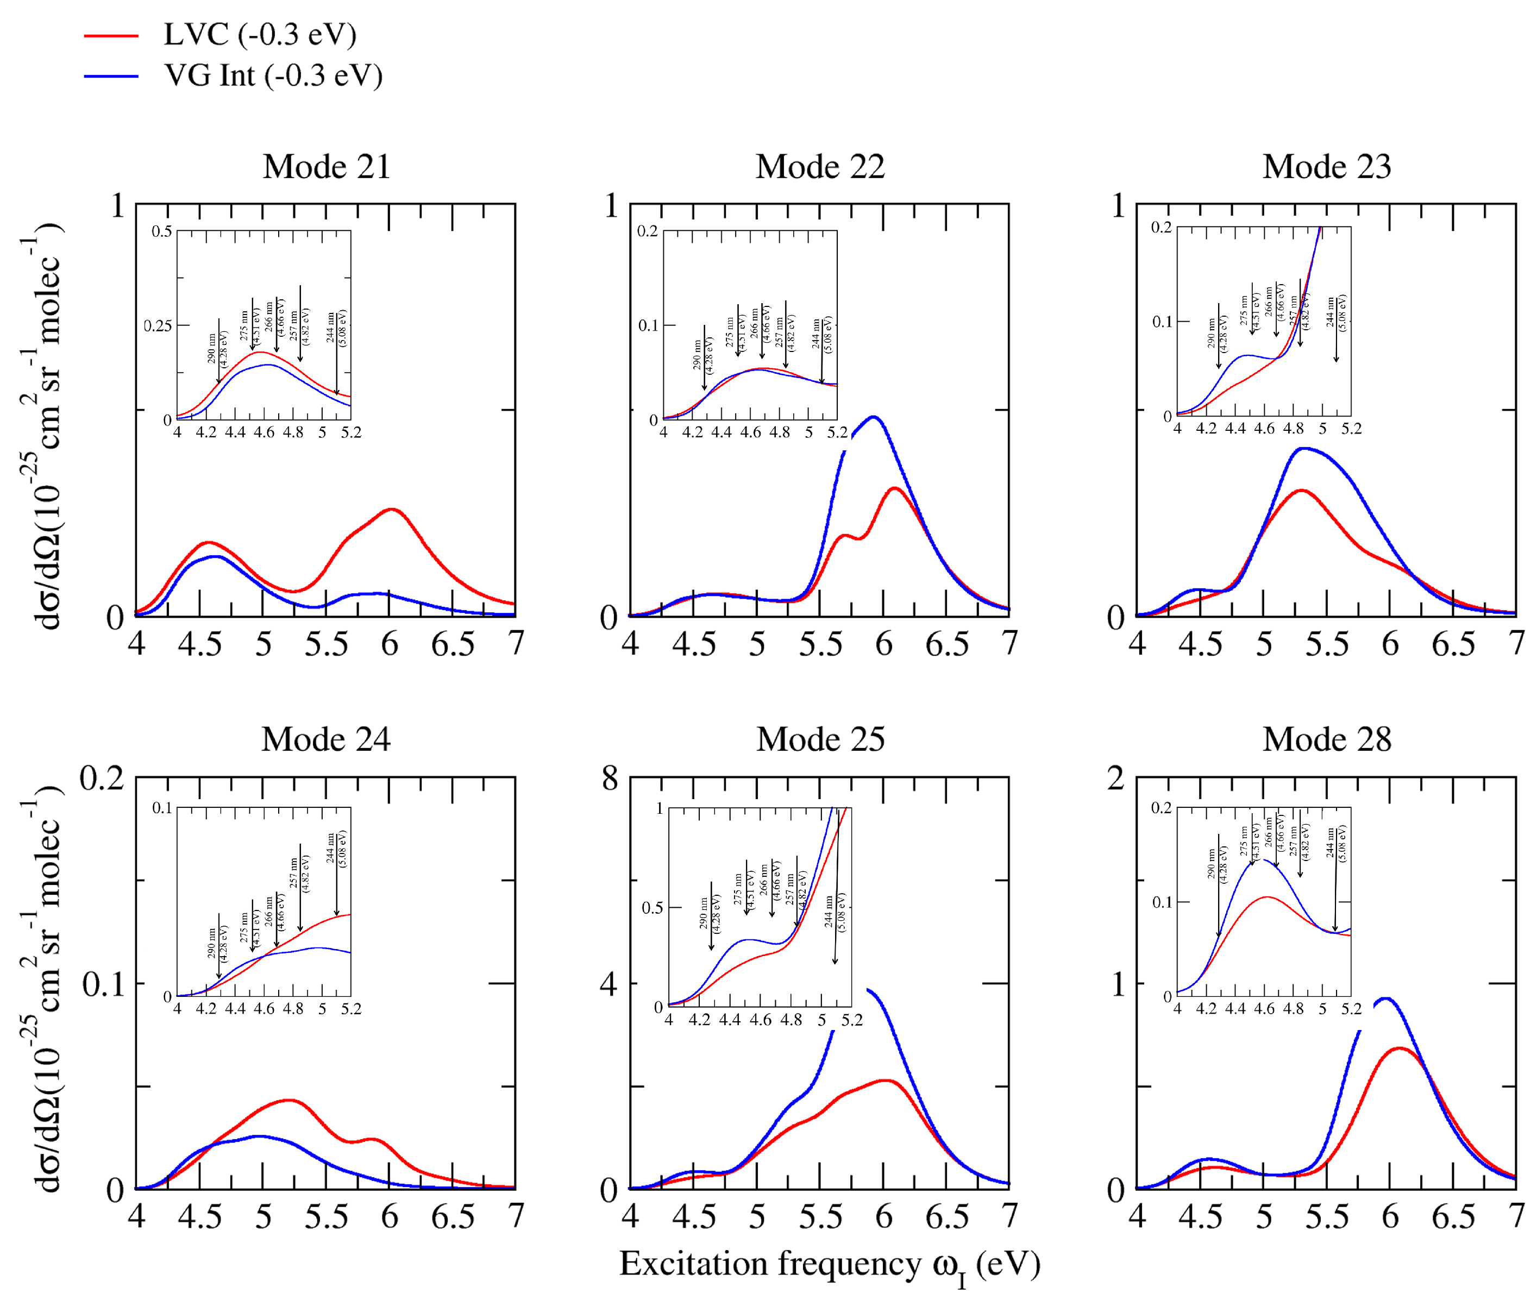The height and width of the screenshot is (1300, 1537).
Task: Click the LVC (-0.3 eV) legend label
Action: [x=260, y=35]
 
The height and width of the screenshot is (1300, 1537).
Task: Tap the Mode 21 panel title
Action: [x=326, y=167]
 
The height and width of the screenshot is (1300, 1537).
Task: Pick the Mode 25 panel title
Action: [x=820, y=739]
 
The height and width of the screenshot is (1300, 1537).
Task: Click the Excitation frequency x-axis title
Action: [x=829, y=1265]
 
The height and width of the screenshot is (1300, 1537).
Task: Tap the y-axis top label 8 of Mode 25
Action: [x=609, y=778]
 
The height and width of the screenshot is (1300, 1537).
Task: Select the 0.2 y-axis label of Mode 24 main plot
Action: [x=102, y=778]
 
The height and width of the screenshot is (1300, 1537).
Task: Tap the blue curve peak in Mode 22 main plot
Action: [x=874, y=417]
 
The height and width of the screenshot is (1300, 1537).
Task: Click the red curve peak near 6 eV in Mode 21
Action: [x=391, y=509]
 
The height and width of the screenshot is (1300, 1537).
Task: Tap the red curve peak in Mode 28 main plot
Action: [x=1398, y=1048]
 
